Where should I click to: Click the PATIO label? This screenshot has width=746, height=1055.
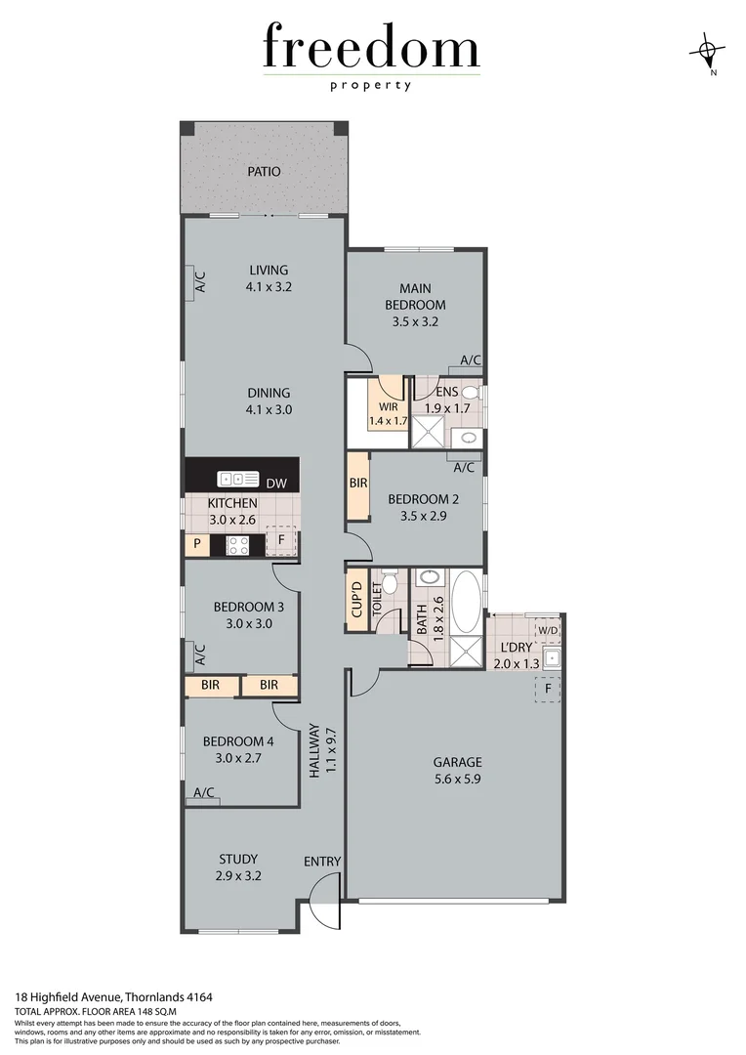pos(264,172)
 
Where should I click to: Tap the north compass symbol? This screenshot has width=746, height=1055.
pos(710,50)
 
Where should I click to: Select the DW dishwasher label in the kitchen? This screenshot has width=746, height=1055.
pos(276,482)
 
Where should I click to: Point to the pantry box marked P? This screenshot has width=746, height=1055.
pos(196,544)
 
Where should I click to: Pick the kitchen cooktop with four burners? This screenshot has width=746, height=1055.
pos(239,544)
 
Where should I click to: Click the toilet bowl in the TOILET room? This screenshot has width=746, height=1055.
pos(390,584)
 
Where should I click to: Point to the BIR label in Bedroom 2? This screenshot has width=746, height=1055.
pos(357,484)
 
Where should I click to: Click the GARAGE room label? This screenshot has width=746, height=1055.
pos(458,762)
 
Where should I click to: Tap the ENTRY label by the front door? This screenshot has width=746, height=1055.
pos(322,861)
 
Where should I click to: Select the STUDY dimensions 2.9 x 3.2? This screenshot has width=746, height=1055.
pos(238,876)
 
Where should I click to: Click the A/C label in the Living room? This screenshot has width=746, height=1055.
pos(199,282)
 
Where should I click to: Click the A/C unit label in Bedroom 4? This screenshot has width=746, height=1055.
pos(205,792)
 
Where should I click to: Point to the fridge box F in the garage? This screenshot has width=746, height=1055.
pos(548,688)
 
